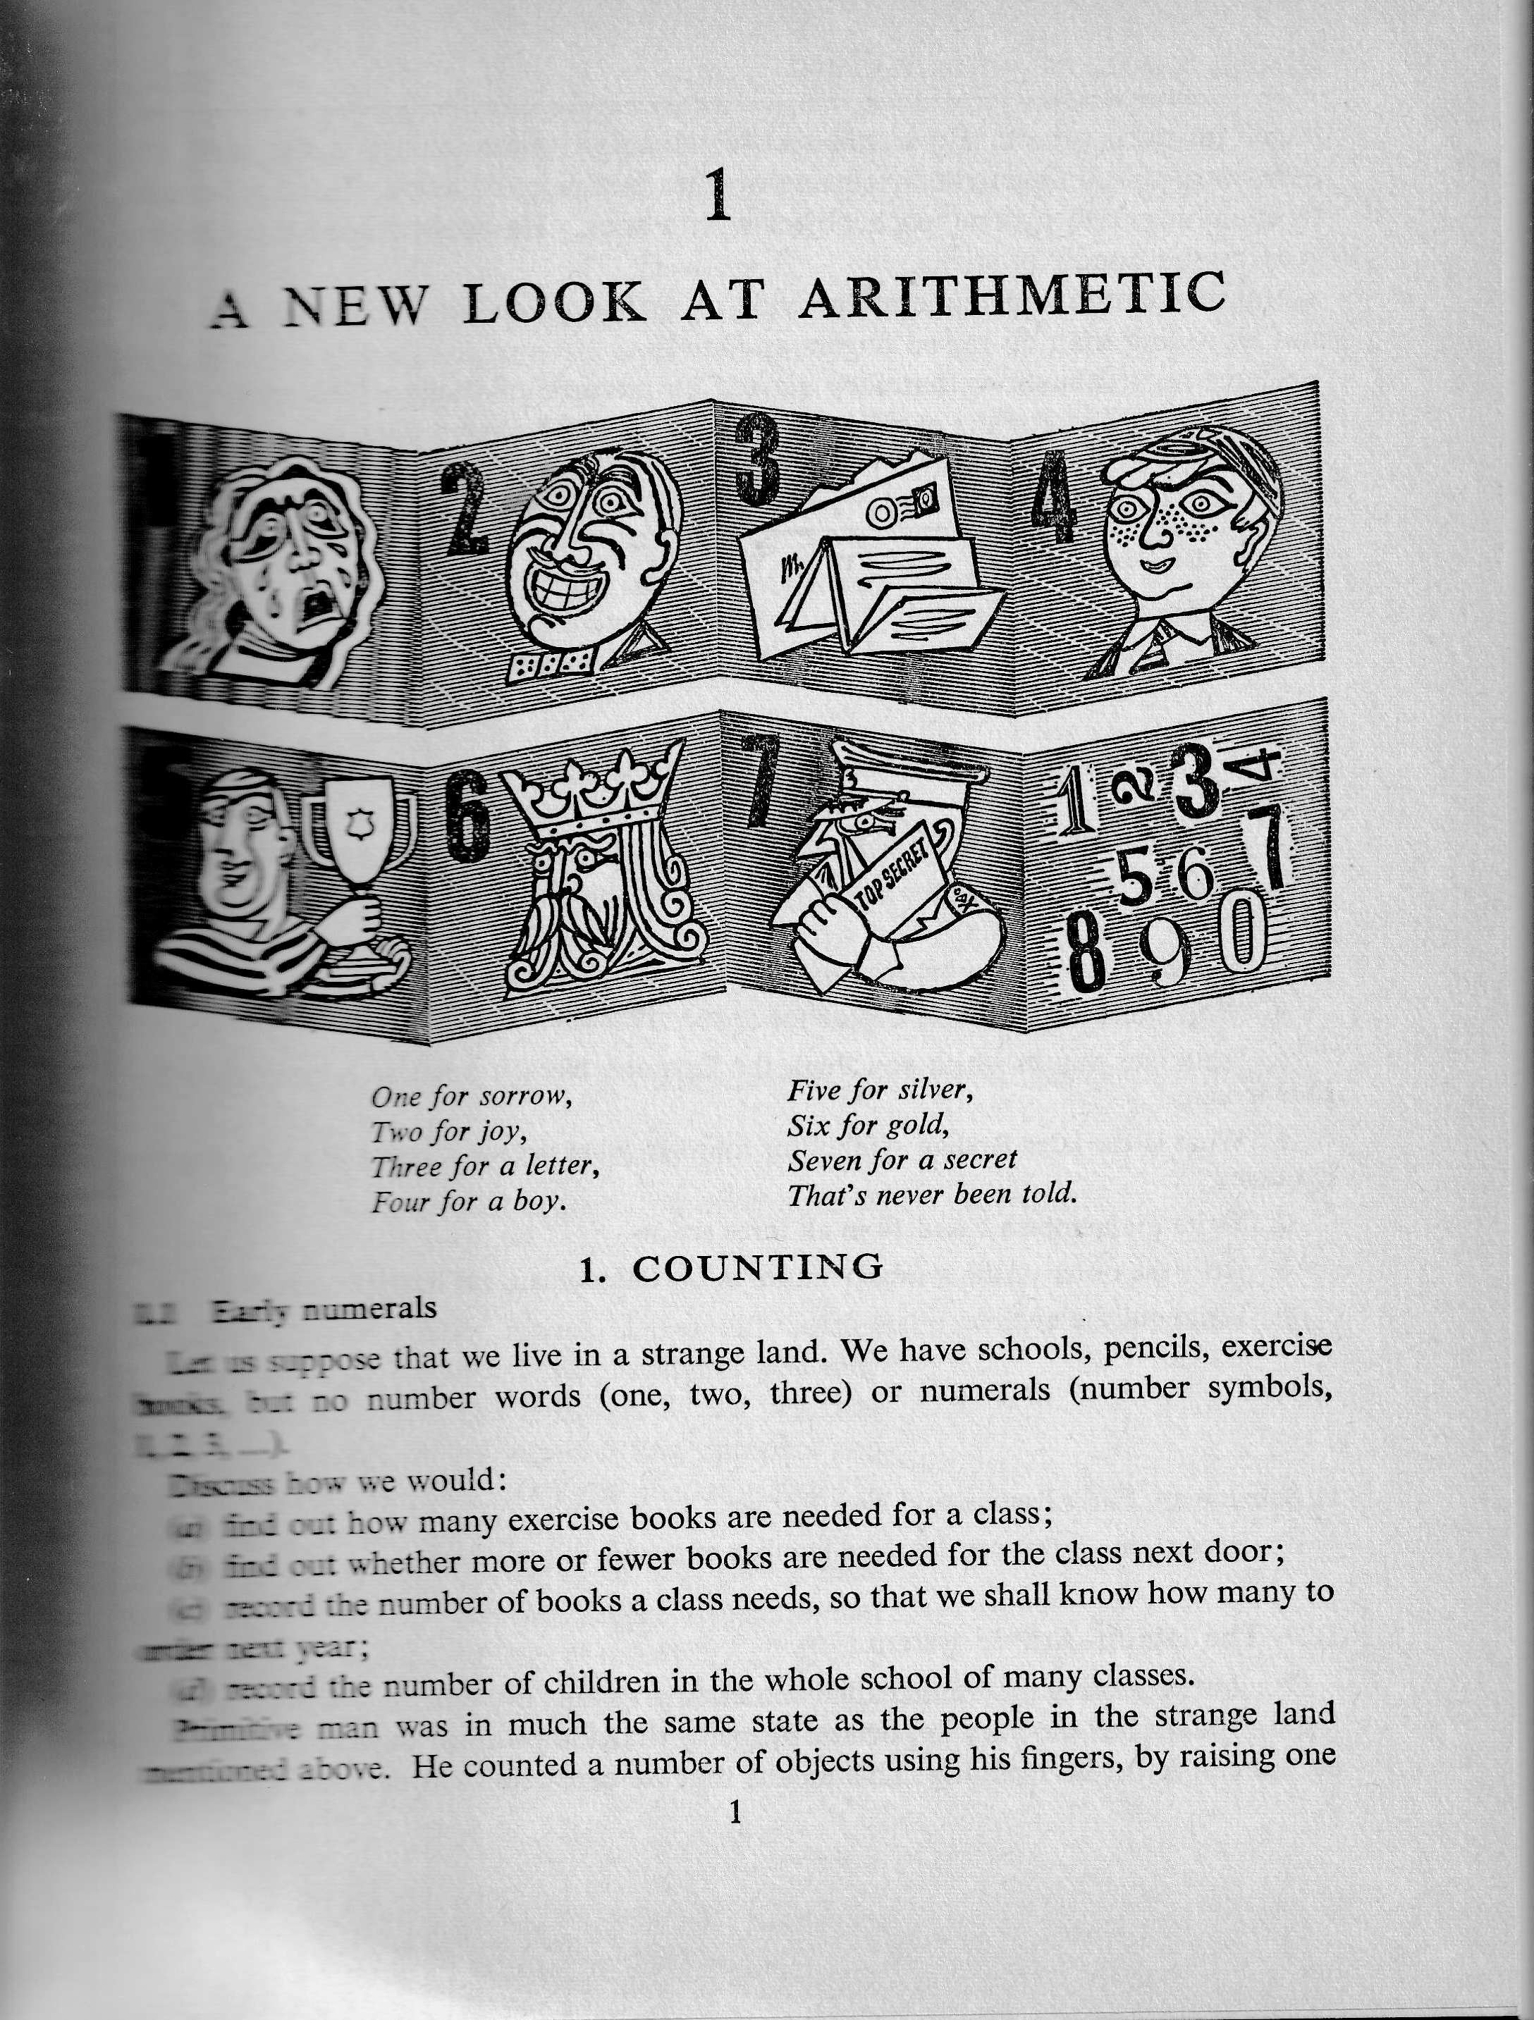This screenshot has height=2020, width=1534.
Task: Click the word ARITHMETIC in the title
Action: coord(1012,297)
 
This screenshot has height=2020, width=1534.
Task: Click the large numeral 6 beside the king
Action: coord(469,815)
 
